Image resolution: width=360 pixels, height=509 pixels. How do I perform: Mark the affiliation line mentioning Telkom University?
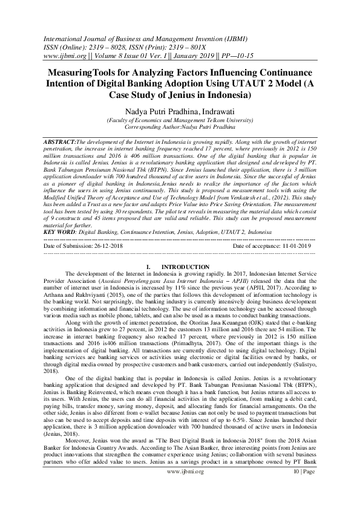click(180, 121)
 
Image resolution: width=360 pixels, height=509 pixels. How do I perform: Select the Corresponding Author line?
click(180, 128)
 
